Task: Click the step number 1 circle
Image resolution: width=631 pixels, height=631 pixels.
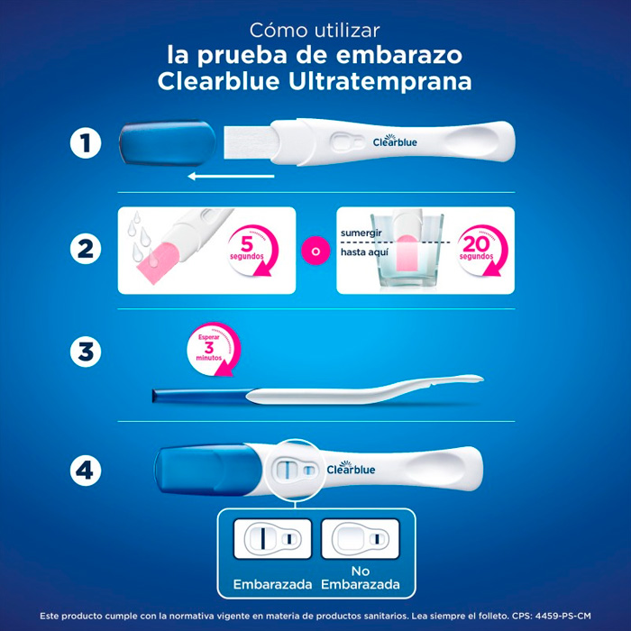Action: [x=86, y=142]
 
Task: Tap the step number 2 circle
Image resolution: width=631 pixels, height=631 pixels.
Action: [x=86, y=249]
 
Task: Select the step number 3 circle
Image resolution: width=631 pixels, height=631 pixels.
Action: [x=86, y=352]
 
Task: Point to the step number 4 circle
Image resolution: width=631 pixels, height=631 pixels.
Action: [x=86, y=470]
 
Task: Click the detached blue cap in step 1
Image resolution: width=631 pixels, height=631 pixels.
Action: [x=168, y=143]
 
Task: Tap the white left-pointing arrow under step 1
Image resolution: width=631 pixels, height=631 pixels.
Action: [x=231, y=176]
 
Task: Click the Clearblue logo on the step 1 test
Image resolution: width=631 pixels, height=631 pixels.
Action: [x=395, y=141]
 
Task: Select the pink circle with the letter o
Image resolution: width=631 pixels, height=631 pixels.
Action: [x=315, y=251]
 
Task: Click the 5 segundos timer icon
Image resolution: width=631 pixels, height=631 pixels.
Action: [x=252, y=251]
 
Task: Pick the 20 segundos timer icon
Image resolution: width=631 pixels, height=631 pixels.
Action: [x=482, y=251]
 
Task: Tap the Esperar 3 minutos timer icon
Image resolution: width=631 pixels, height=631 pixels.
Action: [x=215, y=350]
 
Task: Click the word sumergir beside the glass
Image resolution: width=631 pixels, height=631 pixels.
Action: [x=361, y=233]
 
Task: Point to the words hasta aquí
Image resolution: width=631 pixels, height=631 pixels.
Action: [x=364, y=252]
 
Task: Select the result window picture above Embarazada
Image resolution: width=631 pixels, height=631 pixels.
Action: [x=272, y=539]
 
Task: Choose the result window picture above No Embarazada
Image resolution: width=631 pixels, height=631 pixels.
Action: [x=361, y=539]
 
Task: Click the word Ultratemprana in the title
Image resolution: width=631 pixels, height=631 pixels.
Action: [x=380, y=82]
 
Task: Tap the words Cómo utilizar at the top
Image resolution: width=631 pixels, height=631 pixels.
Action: [x=315, y=31]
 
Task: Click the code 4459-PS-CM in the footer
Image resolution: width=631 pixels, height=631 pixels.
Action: [x=562, y=616]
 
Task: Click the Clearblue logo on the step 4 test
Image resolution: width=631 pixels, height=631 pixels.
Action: [x=351, y=468]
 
